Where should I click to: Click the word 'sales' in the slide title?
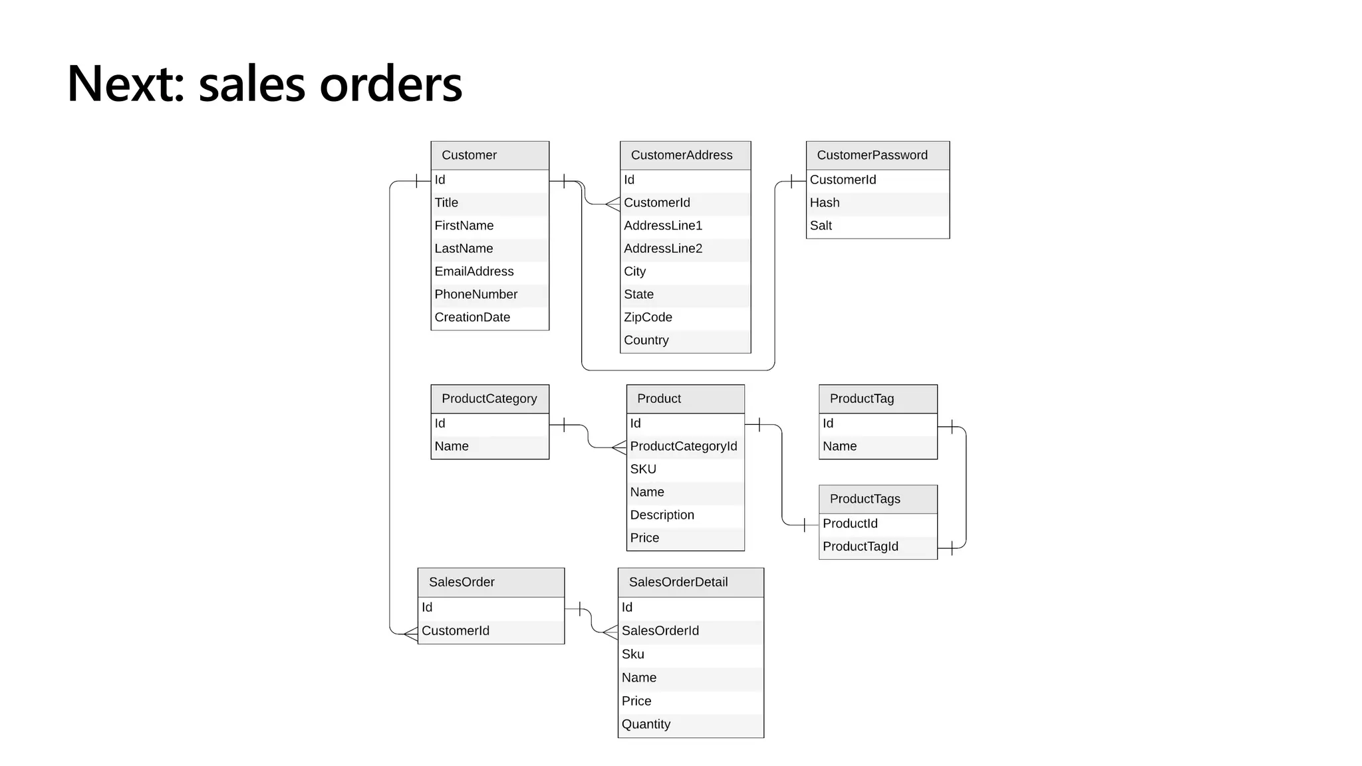pos(252,84)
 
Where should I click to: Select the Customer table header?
pos(489,155)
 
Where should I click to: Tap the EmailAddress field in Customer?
pos(474,271)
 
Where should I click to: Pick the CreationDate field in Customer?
pos(472,317)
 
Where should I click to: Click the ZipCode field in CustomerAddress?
pos(648,317)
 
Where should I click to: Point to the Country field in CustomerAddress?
pos(646,340)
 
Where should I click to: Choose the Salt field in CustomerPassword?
pos(821,225)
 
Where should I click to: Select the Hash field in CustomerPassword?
pos(825,203)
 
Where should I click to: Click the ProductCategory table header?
pos(489,399)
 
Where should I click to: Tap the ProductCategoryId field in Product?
pos(683,446)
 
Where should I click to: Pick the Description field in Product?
pos(662,515)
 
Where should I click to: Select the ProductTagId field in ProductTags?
pos(860,547)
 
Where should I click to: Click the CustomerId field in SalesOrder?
pos(456,631)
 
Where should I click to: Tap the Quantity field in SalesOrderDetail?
pos(646,724)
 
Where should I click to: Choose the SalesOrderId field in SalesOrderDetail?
pos(660,631)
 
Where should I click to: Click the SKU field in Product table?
pos(643,469)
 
